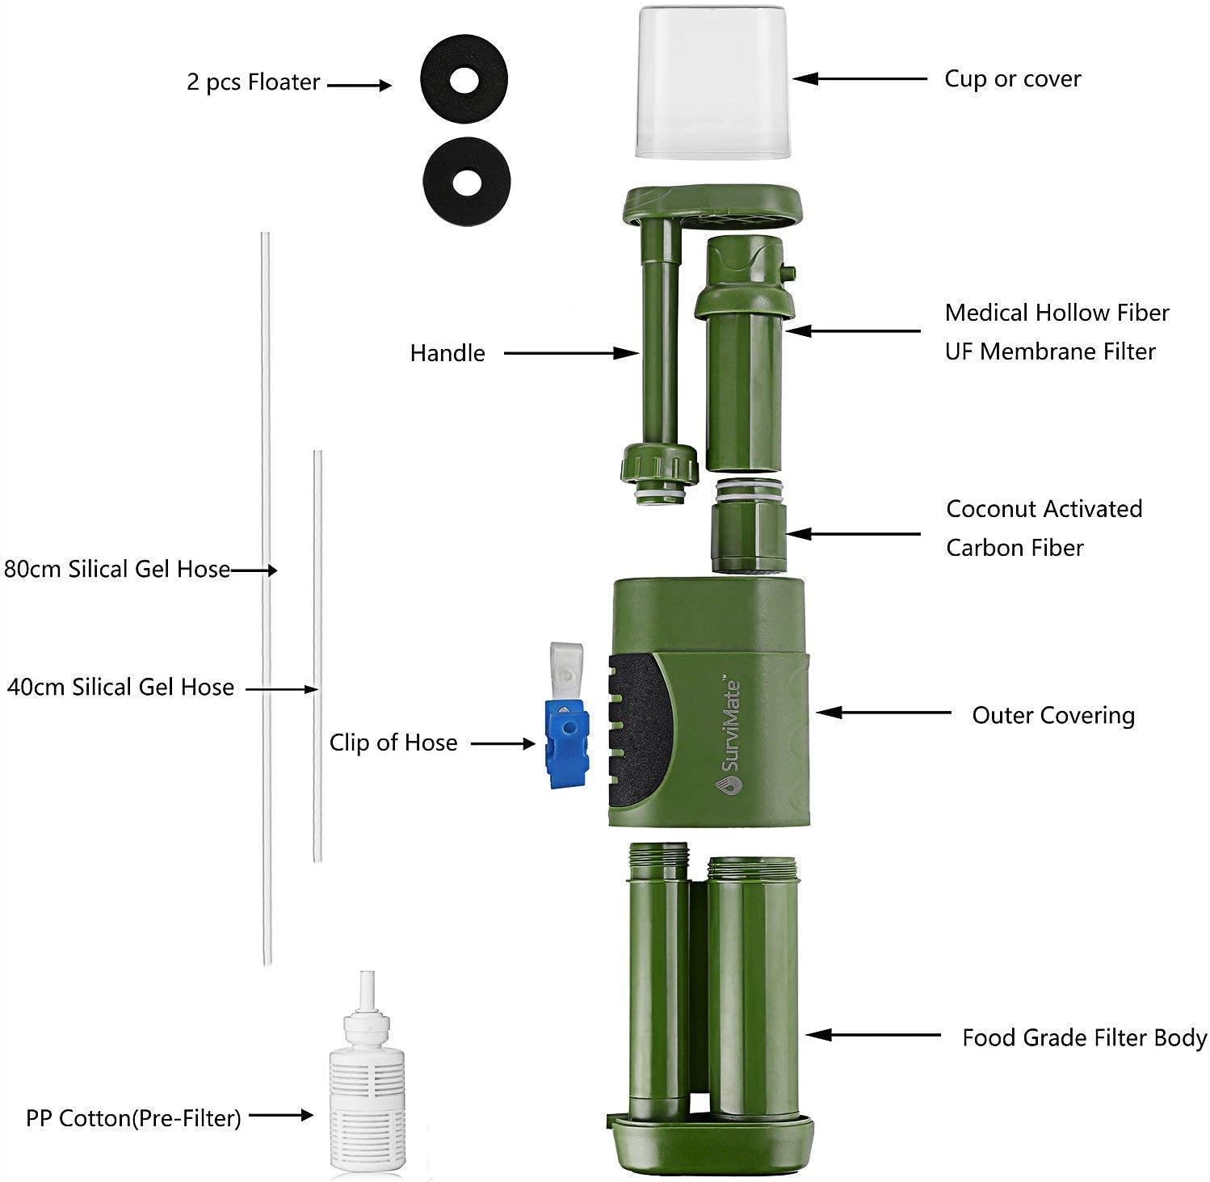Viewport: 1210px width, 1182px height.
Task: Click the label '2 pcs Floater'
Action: pos(253,82)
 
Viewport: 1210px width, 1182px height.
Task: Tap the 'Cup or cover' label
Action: pos(1012,79)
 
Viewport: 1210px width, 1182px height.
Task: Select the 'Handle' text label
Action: pos(447,353)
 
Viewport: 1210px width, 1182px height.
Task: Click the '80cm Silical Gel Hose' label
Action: pos(117,570)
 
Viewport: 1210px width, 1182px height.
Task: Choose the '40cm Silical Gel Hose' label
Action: pos(120,688)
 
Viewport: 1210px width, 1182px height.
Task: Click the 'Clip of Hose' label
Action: pos(393,743)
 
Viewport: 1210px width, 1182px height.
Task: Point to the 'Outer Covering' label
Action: pos(1052,716)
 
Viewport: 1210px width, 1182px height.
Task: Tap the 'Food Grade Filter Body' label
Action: pos(1084,1038)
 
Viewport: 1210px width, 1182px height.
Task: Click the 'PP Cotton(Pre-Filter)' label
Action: pos(133,1119)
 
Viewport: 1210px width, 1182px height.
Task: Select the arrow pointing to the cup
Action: pos(859,79)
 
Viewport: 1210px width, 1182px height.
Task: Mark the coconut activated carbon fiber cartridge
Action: pos(747,533)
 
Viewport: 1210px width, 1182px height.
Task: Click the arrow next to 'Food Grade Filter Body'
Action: pos(872,1035)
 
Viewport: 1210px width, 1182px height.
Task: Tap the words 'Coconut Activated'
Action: pos(1044,509)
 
